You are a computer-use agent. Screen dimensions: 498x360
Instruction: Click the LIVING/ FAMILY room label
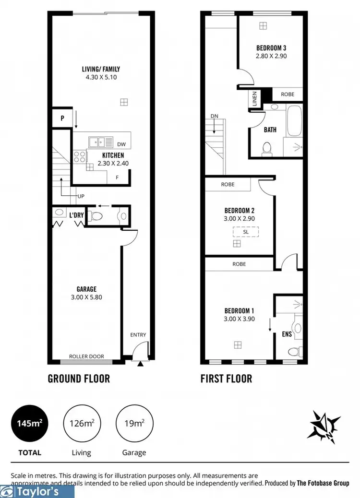click(x=101, y=69)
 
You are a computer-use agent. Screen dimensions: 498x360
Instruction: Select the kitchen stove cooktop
click(x=79, y=156)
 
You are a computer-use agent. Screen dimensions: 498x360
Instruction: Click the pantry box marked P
click(x=62, y=118)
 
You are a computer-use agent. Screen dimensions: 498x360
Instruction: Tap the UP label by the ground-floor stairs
click(x=81, y=196)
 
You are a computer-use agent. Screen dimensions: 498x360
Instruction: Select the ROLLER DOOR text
click(x=84, y=356)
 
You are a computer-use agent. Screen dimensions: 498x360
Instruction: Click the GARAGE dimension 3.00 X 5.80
click(x=86, y=297)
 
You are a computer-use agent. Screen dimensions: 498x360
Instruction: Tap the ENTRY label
click(x=138, y=335)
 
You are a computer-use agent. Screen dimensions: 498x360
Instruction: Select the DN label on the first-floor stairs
click(x=214, y=116)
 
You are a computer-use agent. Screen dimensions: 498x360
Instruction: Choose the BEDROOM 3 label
click(x=271, y=48)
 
